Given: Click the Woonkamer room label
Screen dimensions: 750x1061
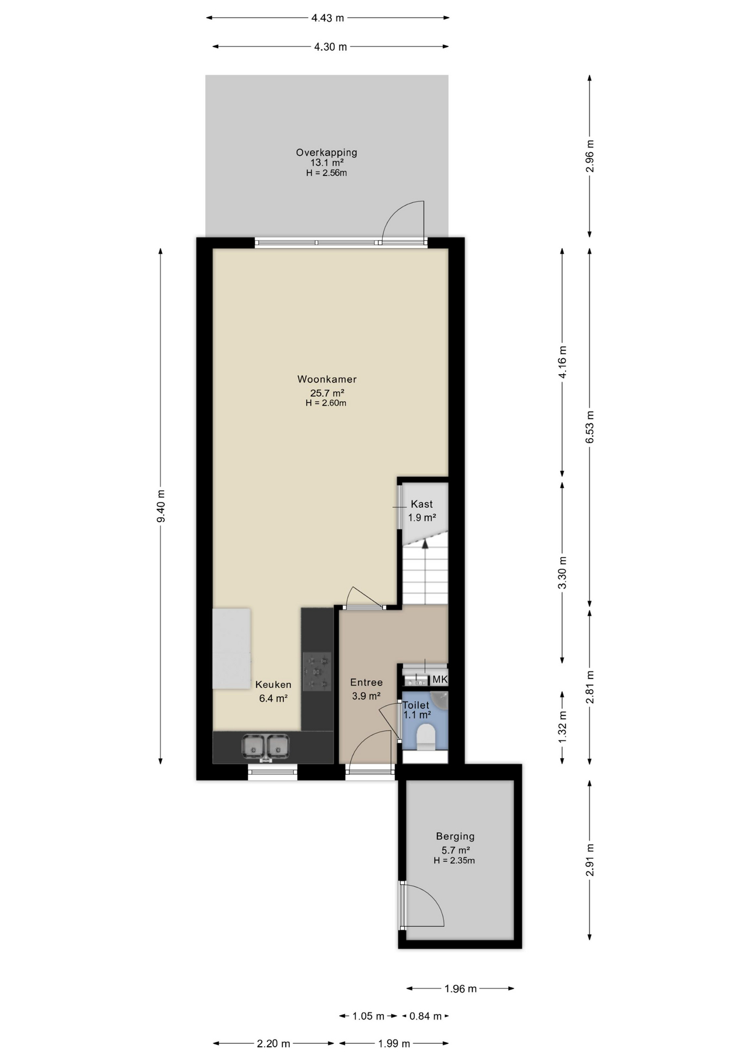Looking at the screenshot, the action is [327, 379].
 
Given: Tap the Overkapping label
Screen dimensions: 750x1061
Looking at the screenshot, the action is [326, 153].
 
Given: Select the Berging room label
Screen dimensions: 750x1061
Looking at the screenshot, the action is [455, 836].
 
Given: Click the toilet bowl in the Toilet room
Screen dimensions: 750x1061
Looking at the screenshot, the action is [426, 737].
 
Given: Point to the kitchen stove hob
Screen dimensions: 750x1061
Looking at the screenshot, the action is [317, 671].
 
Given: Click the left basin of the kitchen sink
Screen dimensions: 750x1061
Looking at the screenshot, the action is [253, 747].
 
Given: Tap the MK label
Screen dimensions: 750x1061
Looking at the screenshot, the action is [440, 679].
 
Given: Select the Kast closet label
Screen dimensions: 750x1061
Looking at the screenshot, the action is [422, 504].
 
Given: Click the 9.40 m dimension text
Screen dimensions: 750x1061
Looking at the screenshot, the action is [161, 506].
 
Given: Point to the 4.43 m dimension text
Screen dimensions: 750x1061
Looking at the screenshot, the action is [328, 18].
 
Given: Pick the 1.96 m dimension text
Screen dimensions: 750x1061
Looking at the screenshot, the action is [461, 989].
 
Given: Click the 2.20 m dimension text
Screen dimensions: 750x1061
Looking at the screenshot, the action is [273, 1043].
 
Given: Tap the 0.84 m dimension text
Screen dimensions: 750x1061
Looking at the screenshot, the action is [425, 1016].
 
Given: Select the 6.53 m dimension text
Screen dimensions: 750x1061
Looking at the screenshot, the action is [590, 427].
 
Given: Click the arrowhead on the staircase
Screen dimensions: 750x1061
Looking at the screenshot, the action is [425, 544].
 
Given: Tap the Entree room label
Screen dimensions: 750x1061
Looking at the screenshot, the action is [366, 682].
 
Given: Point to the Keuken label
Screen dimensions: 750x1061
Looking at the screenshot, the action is [273, 685].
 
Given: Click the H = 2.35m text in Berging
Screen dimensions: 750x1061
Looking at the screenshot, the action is [454, 860].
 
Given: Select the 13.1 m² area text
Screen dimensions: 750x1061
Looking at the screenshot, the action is [327, 162].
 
